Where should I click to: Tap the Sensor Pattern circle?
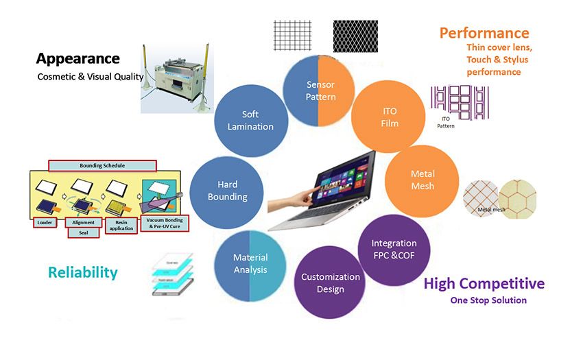click(320, 91)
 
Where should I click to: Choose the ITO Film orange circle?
click(388, 117)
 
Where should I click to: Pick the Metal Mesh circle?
click(422, 180)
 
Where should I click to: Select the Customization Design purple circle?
click(330, 283)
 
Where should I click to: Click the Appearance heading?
click(78, 58)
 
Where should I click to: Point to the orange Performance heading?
click(484, 33)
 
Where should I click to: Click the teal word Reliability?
click(82, 272)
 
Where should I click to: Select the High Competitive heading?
click(484, 283)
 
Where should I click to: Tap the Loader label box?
click(45, 222)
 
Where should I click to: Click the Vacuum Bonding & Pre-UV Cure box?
click(164, 222)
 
